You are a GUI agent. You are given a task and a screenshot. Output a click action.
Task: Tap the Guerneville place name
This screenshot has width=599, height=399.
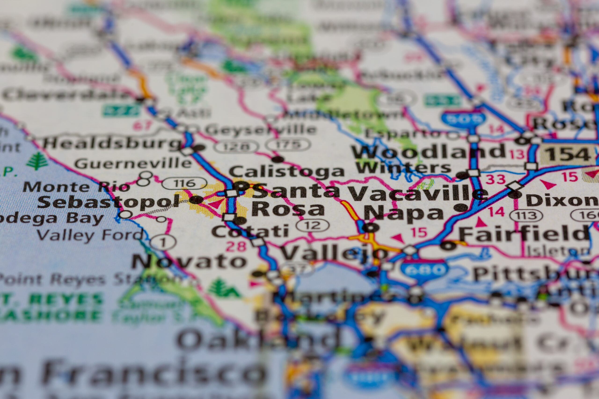point(133,163)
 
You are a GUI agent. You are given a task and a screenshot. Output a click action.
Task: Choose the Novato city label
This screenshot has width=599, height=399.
point(189,261)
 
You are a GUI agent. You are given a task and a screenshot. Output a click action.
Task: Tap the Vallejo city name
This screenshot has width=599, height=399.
point(334,253)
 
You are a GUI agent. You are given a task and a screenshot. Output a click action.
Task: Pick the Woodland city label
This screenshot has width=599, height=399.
point(428,152)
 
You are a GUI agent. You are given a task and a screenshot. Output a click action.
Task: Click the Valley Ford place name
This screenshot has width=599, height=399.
point(90,235)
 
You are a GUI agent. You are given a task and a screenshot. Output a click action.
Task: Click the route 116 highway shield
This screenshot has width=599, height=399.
point(184,183)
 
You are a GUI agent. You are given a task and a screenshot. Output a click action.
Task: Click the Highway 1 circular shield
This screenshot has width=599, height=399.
point(163,242)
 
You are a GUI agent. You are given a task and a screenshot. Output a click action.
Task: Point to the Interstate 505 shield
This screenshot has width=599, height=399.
point(463,119)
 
